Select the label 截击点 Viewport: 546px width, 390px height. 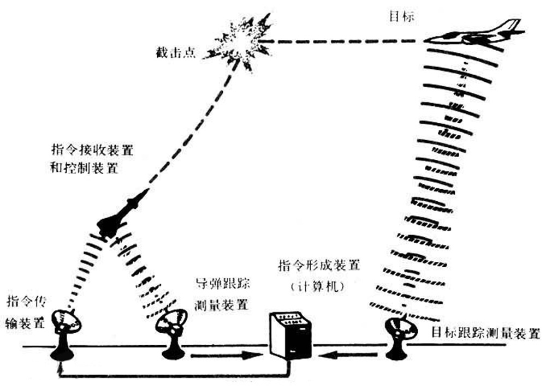point(175,52)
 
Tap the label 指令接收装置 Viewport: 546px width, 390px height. point(92,149)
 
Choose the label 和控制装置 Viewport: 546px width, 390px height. point(85,168)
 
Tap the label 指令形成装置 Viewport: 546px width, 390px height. point(319,266)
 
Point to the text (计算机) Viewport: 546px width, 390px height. point(318,286)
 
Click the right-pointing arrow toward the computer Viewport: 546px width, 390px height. point(227,356)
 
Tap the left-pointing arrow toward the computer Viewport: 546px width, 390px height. point(349,355)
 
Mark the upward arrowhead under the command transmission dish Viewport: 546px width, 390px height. point(62,365)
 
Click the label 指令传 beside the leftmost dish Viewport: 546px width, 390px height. point(26,301)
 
